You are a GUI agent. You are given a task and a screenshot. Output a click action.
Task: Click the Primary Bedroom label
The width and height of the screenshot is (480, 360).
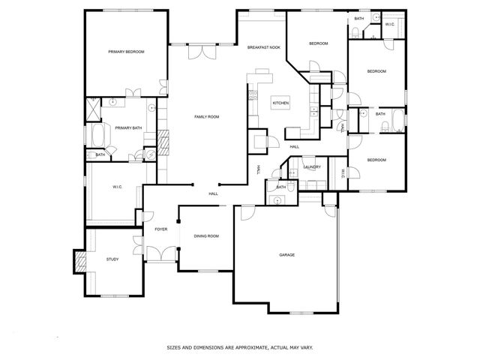126,52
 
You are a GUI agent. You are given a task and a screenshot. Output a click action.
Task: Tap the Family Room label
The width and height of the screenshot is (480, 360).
206,116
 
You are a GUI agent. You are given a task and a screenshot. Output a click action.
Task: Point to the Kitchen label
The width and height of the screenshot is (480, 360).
280,103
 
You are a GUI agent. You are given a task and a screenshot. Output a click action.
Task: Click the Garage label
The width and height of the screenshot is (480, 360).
286,255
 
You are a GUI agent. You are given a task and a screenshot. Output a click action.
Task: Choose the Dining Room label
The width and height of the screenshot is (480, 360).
206,236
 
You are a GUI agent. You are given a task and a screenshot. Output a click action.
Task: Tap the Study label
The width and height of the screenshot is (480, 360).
112,259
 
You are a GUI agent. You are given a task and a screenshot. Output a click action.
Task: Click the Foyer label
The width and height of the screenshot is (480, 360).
160,229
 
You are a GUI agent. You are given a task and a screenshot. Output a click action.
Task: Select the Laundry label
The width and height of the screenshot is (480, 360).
313,166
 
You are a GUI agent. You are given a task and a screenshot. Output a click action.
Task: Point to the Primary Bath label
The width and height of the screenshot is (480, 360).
128,128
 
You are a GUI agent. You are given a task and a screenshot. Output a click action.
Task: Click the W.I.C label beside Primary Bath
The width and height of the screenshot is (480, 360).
117,187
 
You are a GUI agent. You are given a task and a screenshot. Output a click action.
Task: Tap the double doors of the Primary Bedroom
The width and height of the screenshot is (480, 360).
133,93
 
